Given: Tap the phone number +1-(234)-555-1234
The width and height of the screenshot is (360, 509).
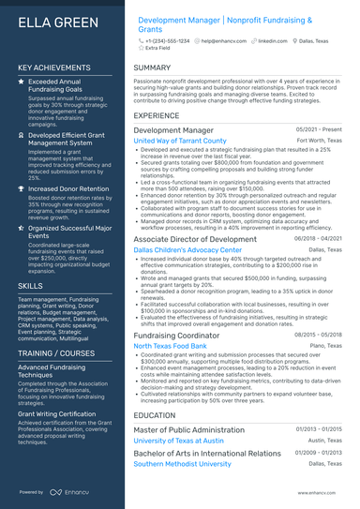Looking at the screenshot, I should pyautogui.click(x=168, y=42).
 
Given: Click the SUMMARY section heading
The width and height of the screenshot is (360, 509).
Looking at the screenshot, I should pyautogui.click(x=152, y=68).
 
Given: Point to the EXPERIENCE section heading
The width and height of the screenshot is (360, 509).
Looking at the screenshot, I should pyautogui.click(x=157, y=115).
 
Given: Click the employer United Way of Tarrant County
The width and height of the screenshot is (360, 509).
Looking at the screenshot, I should pyautogui.click(x=180, y=141).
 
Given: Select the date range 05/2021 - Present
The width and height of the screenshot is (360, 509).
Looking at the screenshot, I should pyautogui.click(x=319, y=129).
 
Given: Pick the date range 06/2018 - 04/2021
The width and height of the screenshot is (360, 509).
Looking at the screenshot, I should pyautogui.click(x=318, y=239).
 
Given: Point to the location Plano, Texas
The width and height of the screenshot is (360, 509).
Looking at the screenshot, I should pyautogui.click(x=326, y=346).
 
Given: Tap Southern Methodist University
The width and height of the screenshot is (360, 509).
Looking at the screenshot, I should pyautogui.click(x=184, y=463).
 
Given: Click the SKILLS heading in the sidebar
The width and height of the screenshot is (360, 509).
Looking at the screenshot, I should pyautogui.click(x=30, y=285).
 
